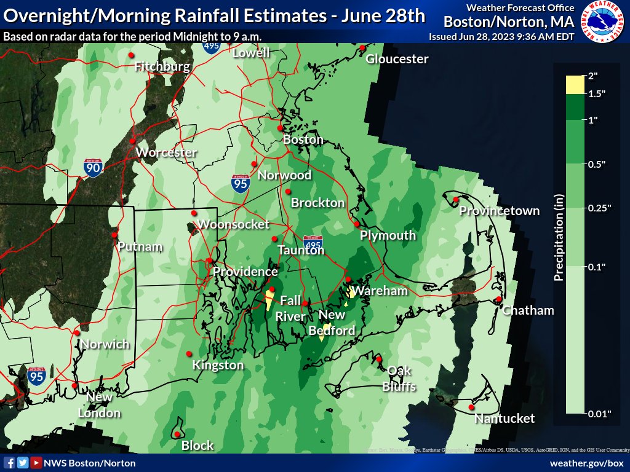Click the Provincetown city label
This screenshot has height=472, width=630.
tap(500, 211)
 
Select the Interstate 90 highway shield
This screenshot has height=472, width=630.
tap(94, 167)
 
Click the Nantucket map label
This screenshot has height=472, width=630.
tap(504, 419)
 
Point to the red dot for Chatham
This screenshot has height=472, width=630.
tap(498, 299)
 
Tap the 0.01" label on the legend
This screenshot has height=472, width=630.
tap(600, 414)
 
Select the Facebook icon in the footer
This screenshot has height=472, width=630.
tap(9, 463)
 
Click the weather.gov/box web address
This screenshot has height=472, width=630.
tap(586, 463)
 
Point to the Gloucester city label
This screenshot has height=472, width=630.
tap(397, 59)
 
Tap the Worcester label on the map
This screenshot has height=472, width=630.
tap(166, 152)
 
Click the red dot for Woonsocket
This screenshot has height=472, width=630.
tap(194, 213)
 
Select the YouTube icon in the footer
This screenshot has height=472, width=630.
tap(36, 463)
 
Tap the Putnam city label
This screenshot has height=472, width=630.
tap(141, 247)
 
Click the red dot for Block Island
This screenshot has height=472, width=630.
tap(177, 435)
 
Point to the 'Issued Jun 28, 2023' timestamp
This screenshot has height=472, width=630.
tap(501, 36)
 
